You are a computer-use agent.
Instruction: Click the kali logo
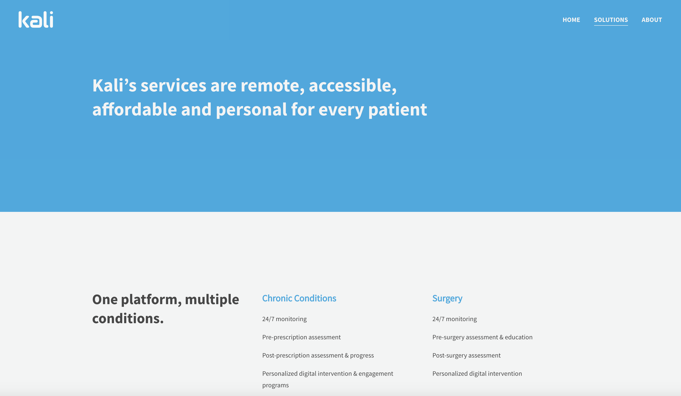click(x=36, y=19)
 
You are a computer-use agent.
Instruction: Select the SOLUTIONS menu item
click(x=611, y=20)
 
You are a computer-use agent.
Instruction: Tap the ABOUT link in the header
click(x=652, y=20)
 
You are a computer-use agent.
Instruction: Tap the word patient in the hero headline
click(x=398, y=110)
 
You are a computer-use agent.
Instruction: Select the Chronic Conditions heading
click(x=299, y=298)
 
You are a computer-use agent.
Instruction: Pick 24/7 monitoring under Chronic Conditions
click(x=284, y=319)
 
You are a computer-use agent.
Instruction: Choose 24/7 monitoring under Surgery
click(x=454, y=319)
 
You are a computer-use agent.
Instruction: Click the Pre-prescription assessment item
click(x=301, y=337)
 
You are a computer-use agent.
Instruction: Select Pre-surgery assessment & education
click(x=482, y=337)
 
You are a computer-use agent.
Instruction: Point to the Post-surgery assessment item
click(x=466, y=355)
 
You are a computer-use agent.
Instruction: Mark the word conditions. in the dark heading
click(x=128, y=318)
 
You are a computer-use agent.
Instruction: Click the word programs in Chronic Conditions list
click(x=275, y=385)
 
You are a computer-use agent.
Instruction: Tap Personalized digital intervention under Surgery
click(x=477, y=374)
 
